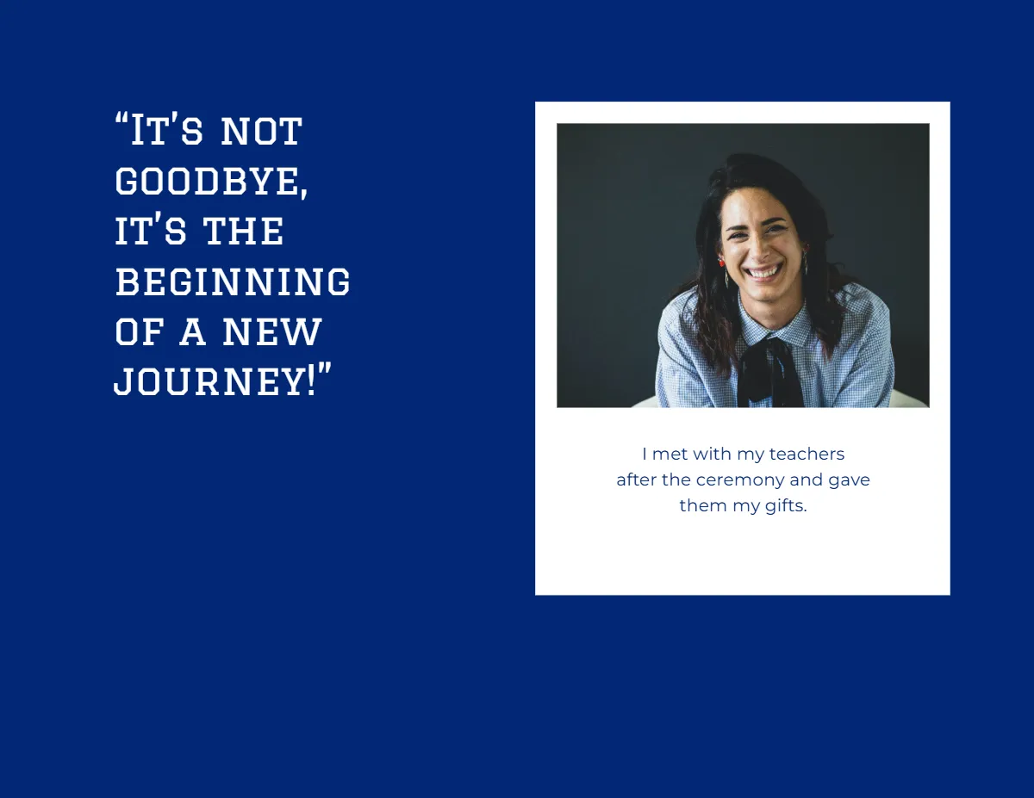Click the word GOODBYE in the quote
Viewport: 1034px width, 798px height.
tap(209, 182)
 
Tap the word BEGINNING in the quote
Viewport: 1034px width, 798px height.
tap(233, 282)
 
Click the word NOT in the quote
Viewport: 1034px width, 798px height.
tap(261, 132)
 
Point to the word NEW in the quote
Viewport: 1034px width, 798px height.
tap(272, 333)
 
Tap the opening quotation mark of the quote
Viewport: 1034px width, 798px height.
tap(121, 121)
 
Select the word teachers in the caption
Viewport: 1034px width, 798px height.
tap(807, 454)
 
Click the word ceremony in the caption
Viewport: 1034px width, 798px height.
tap(740, 479)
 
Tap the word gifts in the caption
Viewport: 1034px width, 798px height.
tap(785, 505)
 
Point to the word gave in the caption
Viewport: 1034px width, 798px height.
tap(849, 479)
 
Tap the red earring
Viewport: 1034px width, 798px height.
tap(722, 260)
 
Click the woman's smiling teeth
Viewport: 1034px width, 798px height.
tap(764, 272)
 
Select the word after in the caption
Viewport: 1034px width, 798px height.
tap(636, 479)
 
